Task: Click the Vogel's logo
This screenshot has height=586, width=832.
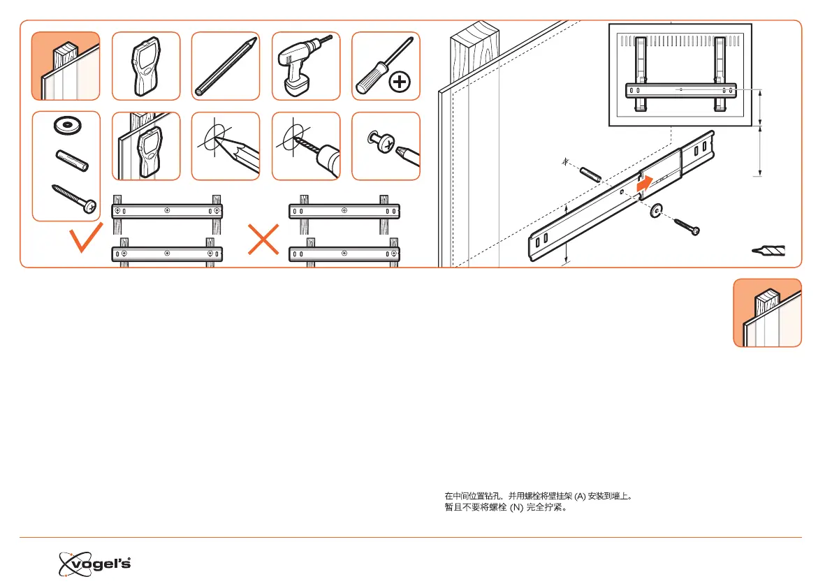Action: click(94, 562)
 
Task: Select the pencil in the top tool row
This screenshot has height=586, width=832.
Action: click(226, 66)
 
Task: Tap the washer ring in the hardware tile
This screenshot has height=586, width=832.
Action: click(66, 126)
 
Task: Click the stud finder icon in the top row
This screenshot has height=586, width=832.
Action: click(146, 66)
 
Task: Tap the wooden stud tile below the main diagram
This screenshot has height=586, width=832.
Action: click(767, 312)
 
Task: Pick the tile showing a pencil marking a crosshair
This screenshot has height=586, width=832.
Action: click(226, 146)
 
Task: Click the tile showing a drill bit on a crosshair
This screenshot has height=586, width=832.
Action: click(305, 146)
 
